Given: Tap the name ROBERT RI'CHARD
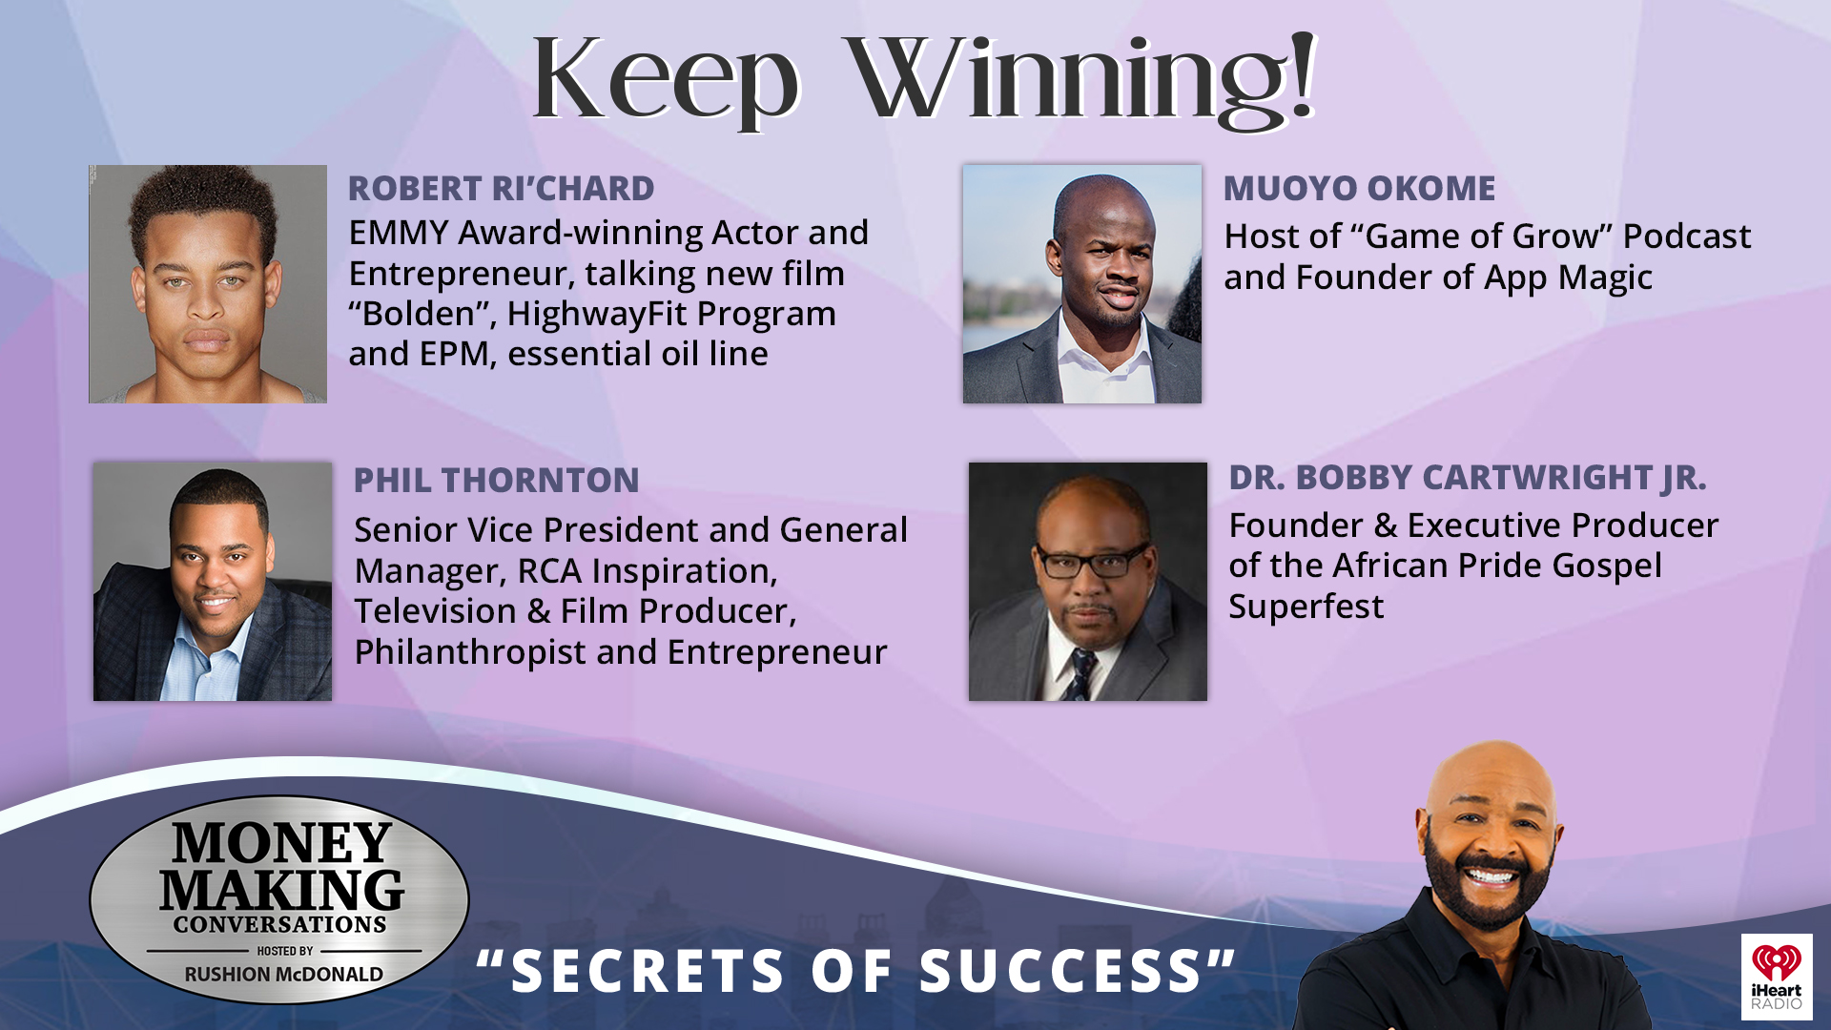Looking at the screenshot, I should pos(501,189).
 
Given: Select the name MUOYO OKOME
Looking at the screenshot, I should pos(1359,189).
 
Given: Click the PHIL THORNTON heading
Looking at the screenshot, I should pos(496,481).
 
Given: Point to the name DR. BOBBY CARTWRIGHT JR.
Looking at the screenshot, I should pos(1467,478).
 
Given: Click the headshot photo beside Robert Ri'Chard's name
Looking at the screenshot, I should pos(208,284).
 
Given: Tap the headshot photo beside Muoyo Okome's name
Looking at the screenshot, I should pos(1081,284).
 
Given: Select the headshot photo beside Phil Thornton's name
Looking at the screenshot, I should pos(213,582).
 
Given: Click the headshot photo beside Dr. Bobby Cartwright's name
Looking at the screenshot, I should pos(1087,582).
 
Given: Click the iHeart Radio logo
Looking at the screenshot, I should pos(1776,977).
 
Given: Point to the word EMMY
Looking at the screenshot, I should pos(399,233).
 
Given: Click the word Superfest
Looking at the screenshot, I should pos(1306,607).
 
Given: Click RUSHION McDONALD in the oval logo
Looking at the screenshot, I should pos(283,975).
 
